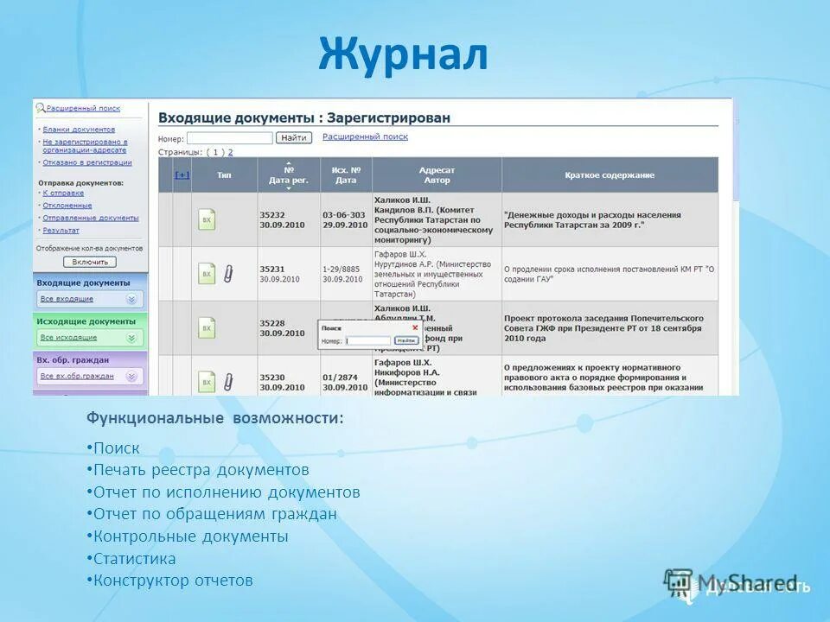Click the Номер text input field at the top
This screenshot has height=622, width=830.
(x=229, y=137)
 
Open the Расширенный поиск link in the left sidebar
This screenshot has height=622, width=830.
(x=83, y=108)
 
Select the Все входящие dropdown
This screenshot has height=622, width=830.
(x=88, y=299)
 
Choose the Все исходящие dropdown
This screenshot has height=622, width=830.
(x=88, y=338)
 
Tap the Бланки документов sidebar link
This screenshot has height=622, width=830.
(x=79, y=129)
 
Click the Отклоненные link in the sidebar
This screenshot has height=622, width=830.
(x=67, y=206)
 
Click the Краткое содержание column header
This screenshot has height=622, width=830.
(x=610, y=175)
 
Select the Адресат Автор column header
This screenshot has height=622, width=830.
(x=437, y=175)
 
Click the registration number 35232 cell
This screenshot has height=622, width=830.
(x=272, y=214)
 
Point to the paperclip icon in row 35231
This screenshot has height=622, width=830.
(x=228, y=274)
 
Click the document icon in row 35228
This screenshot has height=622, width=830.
(x=206, y=328)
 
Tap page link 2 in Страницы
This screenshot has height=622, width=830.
(x=230, y=152)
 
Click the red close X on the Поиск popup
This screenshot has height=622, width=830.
(x=415, y=328)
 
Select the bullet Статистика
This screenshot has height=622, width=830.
(x=134, y=559)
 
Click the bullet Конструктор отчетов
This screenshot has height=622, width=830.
(x=173, y=581)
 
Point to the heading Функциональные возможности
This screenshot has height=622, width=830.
(x=214, y=418)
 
